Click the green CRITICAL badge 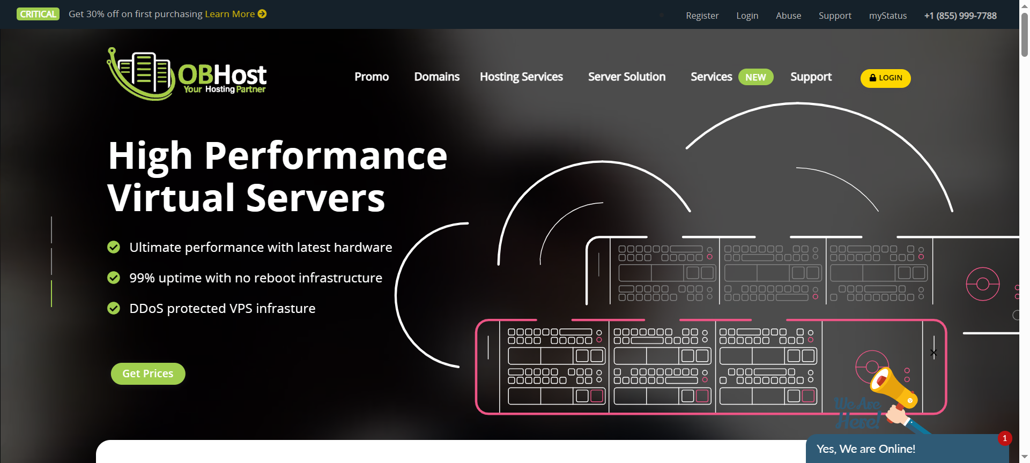click(38, 14)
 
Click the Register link click(702, 16)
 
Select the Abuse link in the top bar click(788, 16)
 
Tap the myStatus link click(887, 16)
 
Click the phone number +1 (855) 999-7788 click(960, 16)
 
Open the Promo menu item click(371, 77)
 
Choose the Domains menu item click(436, 77)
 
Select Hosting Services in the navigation click(521, 77)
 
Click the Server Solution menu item click(626, 77)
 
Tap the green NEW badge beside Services click(755, 77)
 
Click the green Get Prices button click(148, 374)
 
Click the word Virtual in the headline click(172, 198)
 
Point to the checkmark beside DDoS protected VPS click(114, 308)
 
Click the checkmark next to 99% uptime click(114, 278)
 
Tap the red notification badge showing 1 click(1004, 438)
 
